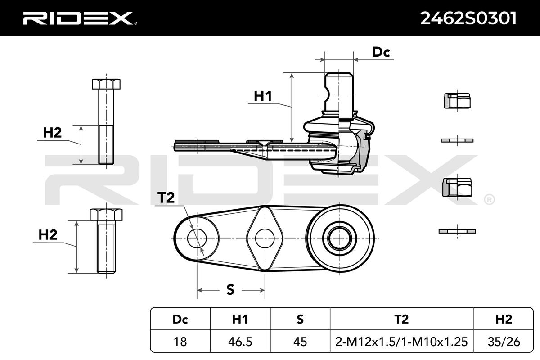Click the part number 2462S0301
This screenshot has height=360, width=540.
(468, 18)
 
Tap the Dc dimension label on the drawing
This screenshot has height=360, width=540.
(381, 52)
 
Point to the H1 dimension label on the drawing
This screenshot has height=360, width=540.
(263, 96)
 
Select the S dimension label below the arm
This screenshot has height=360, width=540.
(230, 290)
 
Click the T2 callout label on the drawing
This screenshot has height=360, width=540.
(166, 198)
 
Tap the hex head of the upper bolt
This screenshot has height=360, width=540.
(106, 84)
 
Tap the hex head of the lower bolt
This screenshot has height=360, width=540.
(106, 214)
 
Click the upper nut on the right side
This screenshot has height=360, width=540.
(457, 100)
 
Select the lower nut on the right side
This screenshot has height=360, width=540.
(457, 187)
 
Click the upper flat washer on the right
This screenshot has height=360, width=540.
(457, 140)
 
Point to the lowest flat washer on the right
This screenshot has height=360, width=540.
(457, 231)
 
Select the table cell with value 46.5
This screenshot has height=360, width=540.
(240, 342)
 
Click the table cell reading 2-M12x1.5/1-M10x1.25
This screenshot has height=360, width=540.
(401, 342)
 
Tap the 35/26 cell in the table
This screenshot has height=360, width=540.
(503, 342)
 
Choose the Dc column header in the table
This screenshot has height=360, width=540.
(180, 319)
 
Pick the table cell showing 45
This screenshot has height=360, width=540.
(300, 342)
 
